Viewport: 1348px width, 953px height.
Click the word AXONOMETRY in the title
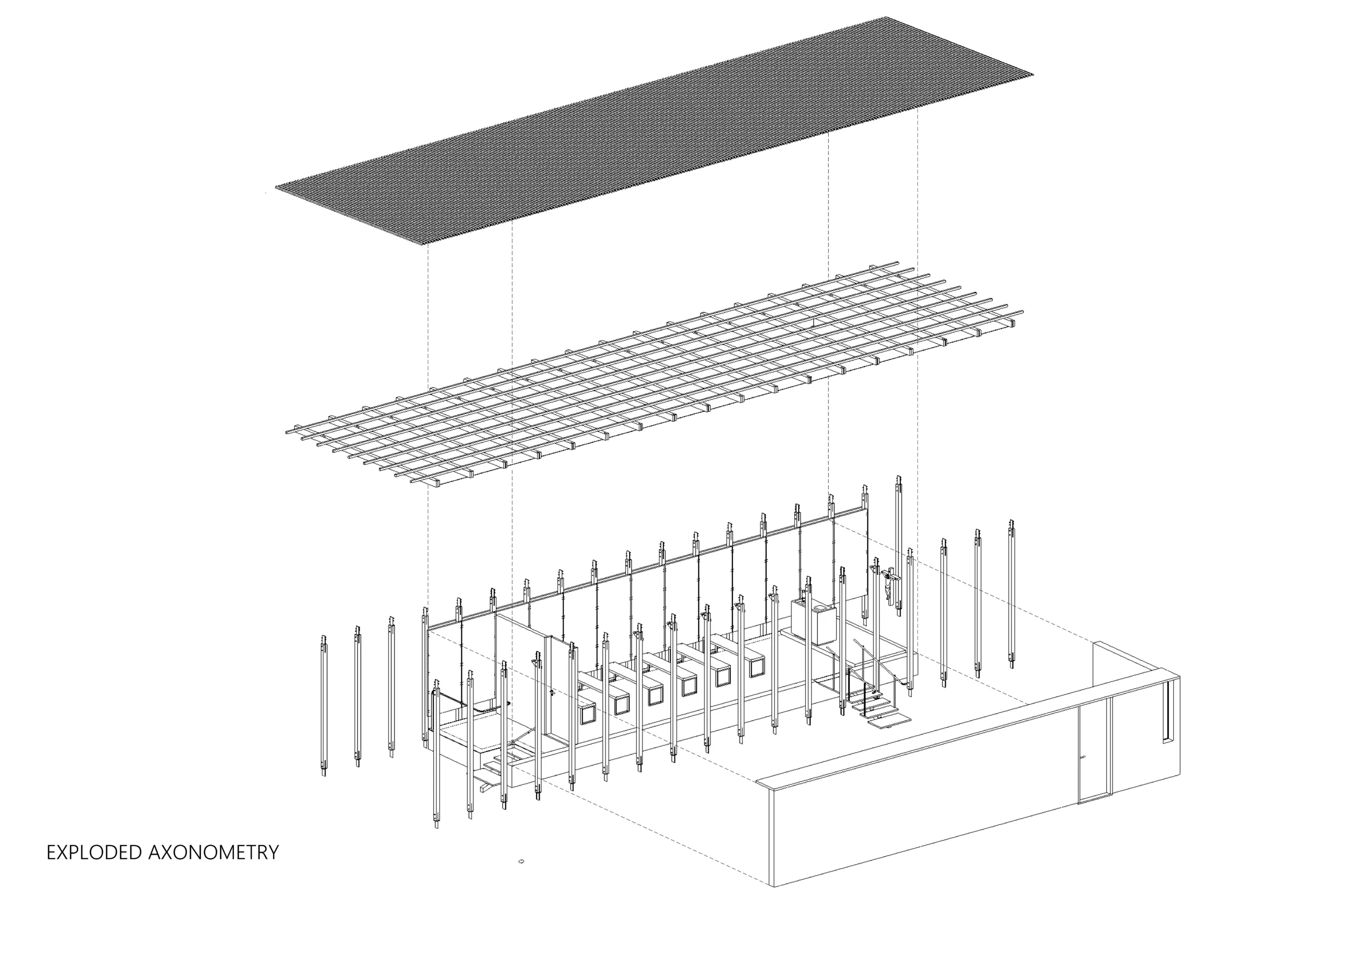[x=214, y=852]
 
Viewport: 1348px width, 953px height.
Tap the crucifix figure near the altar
[x=888, y=585]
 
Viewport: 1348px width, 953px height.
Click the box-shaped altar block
[x=813, y=621]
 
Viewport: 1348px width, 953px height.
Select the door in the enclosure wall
[x=1095, y=750]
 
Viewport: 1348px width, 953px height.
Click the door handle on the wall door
[x=1083, y=758]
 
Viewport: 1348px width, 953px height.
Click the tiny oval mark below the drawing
[x=521, y=861]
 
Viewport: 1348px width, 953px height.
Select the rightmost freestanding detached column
[x=1012, y=593]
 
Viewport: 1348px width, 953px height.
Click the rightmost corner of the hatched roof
[x=1033, y=75]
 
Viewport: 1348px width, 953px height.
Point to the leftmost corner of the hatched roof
[x=275, y=187]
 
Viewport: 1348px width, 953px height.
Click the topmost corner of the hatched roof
[x=885, y=17]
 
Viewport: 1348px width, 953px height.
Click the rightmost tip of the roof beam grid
[x=1022, y=312]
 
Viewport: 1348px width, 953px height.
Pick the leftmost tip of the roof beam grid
[x=287, y=432]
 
